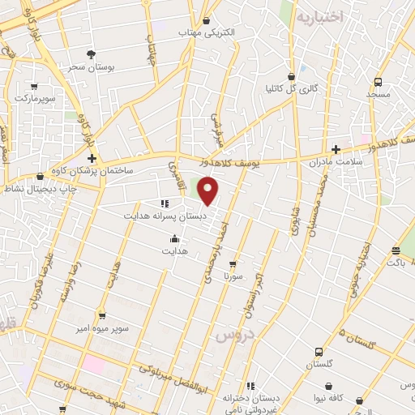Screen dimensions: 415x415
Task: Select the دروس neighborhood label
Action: point(233,334)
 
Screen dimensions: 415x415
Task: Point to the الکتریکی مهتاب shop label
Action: point(207,32)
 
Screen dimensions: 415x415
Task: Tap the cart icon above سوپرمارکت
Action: point(34,86)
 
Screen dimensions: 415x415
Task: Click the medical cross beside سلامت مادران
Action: point(336,148)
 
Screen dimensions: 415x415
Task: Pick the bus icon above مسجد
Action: point(379,83)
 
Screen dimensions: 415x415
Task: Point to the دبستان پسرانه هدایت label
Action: point(165,217)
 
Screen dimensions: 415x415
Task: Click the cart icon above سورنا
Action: point(233,263)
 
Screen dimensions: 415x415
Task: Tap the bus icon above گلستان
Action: point(319,352)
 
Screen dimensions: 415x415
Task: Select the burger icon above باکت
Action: point(396,250)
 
